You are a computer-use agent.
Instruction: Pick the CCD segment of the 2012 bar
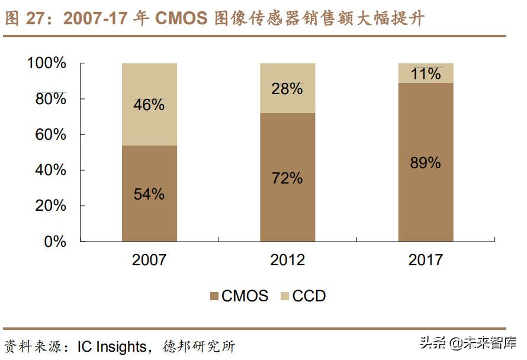click(287, 74)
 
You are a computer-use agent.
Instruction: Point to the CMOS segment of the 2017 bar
click(425, 195)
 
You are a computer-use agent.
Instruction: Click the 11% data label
click(426, 74)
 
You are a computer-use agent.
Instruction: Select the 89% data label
click(425, 163)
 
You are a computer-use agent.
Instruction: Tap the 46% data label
click(149, 105)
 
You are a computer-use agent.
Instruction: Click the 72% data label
click(287, 178)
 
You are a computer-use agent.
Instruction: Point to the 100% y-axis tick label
click(47, 63)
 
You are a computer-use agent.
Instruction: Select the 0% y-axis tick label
click(56, 242)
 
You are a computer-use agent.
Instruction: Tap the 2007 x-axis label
click(149, 260)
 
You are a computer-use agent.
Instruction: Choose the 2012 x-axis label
click(287, 260)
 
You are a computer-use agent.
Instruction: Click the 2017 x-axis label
click(425, 260)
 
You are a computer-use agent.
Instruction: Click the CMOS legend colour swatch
click(214, 296)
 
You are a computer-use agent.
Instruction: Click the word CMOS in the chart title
click(181, 18)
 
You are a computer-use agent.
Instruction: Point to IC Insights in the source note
click(112, 346)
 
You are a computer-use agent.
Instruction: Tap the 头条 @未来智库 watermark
click(468, 343)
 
